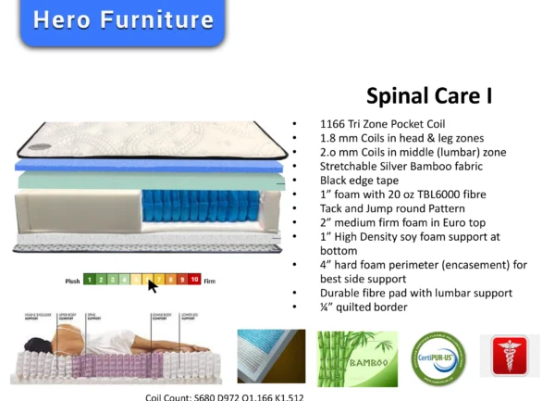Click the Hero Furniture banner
[122, 20]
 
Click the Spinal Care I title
[428, 95]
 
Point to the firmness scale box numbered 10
[195, 278]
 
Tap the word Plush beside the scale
[72, 279]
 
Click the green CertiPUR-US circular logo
[438, 356]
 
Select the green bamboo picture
[357, 357]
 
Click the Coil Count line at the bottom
[224, 396]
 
